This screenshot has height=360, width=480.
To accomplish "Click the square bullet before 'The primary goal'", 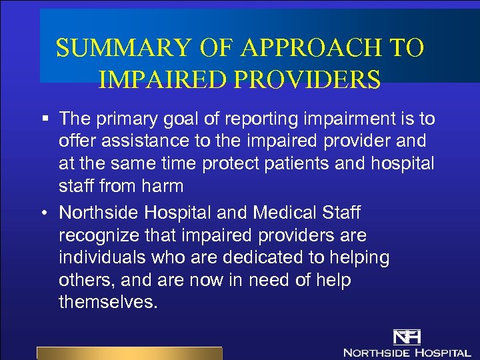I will point(44,119).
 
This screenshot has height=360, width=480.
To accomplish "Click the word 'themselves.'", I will point(109,302).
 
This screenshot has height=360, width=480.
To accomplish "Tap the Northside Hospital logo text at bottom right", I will point(407,351).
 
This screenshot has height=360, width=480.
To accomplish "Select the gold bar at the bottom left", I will point(129,353).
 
